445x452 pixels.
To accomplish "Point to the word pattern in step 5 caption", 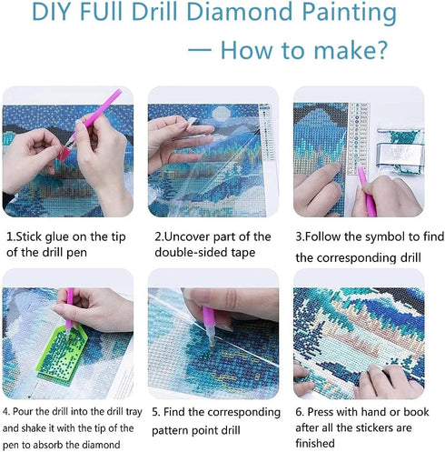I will tap(177, 428).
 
